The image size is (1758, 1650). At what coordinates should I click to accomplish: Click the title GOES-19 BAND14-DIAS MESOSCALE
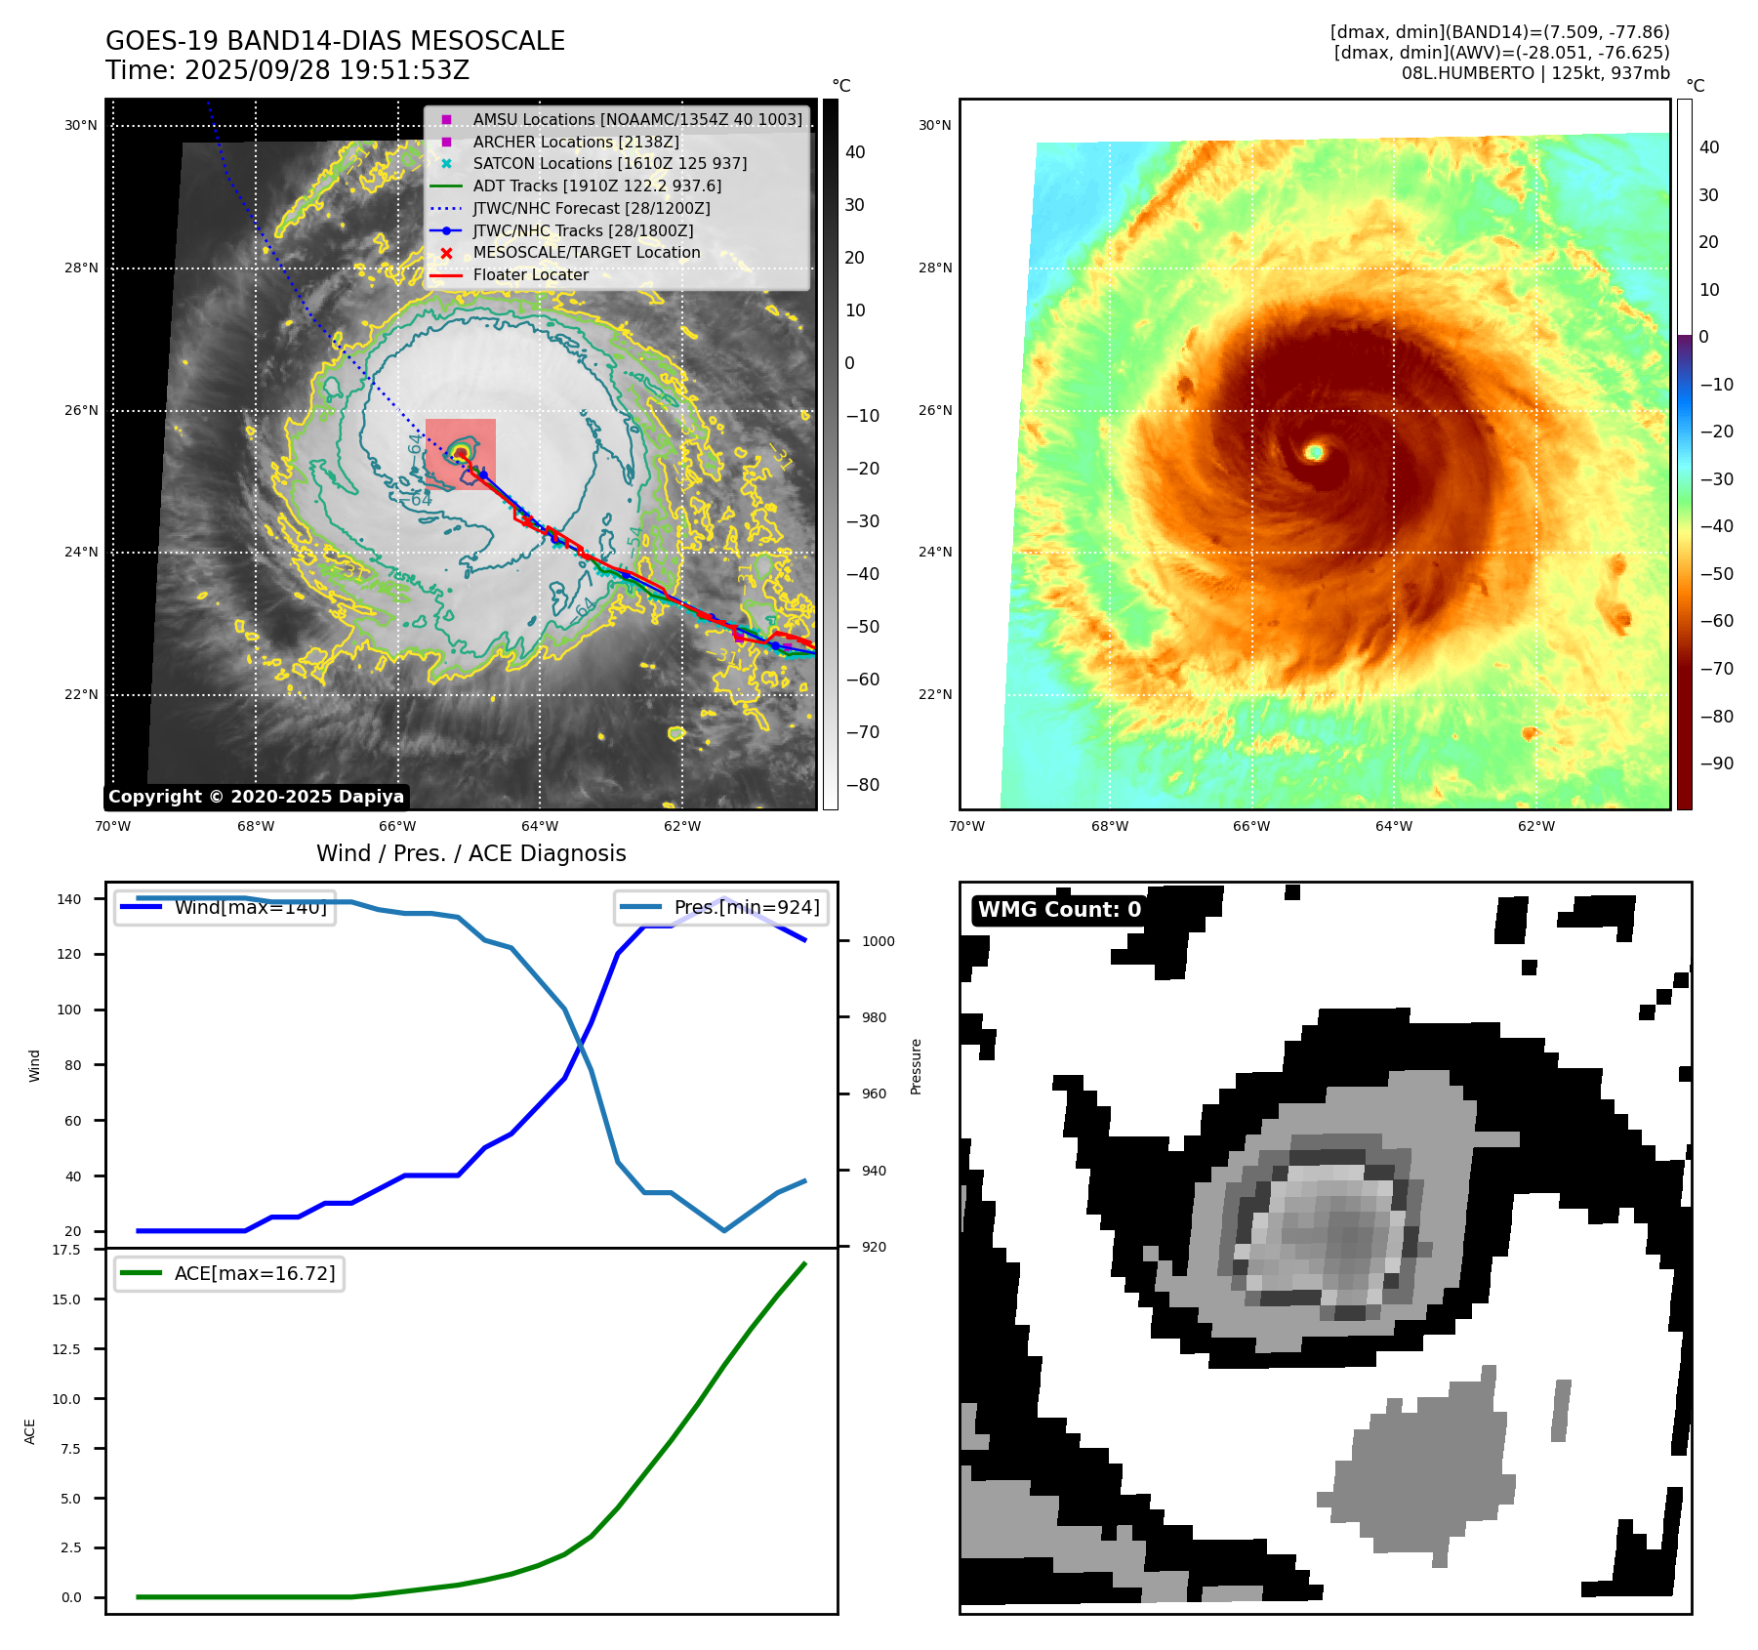pyautogui.click(x=335, y=41)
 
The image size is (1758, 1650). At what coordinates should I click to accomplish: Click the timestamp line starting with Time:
pyautogui.click(x=288, y=71)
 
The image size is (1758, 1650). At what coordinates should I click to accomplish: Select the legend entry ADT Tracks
pyautogui.click(x=596, y=186)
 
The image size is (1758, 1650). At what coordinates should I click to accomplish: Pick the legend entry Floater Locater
pyautogui.click(x=530, y=275)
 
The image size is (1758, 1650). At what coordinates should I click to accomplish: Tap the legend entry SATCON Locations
pyautogui.click(x=609, y=164)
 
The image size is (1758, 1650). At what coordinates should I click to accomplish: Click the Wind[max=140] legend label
pyautogui.click(x=250, y=908)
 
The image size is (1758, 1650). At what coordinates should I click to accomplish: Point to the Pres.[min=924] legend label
pyautogui.click(x=746, y=908)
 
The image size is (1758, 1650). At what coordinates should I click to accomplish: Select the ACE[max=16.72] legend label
pyautogui.click(x=254, y=1273)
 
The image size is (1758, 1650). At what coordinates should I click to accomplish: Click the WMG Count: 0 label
pyautogui.click(x=1059, y=910)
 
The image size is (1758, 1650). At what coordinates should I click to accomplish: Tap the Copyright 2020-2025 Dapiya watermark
pyautogui.click(x=256, y=797)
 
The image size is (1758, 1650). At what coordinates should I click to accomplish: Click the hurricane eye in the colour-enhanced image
pyautogui.click(x=1315, y=452)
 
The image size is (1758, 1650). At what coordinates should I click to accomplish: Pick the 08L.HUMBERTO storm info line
pyautogui.click(x=1534, y=73)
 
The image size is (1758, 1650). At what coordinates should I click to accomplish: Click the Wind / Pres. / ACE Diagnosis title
pyautogui.click(x=470, y=854)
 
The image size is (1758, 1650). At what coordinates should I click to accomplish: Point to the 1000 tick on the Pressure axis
pyautogui.click(x=878, y=941)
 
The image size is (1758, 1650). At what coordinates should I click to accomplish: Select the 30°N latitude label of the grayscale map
pyautogui.click(x=81, y=126)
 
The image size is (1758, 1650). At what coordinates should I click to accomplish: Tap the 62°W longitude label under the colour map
pyautogui.click(x=1535, y=826)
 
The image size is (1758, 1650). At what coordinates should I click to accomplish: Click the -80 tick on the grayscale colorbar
pyautogui.click(x=862, y=785)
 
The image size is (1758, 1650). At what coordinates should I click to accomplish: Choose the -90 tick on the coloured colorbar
pyautogui.click(x=1716, y=763)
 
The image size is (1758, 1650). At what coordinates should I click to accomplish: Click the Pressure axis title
pyautogui.click(x=916, y=1066)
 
